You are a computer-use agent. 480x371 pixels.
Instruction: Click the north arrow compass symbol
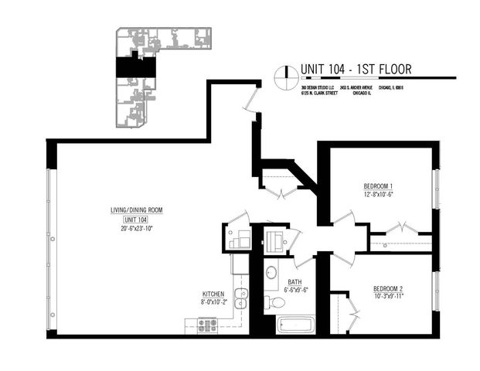pos(285,73)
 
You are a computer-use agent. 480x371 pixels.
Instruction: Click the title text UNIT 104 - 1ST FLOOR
pos(355,70)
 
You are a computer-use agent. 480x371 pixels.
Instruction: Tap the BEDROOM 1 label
pos(379,186)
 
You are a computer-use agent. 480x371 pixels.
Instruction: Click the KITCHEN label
pos(213,294)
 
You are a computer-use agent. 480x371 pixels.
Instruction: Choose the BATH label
pos(294,282)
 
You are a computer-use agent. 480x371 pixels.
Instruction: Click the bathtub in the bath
pos(294,325)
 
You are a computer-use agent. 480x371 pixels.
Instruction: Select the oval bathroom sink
pos(271,273)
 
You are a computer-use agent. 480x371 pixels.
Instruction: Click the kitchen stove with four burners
pos(208,325)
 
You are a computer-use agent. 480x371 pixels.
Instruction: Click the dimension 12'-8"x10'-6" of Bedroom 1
pos(379,194)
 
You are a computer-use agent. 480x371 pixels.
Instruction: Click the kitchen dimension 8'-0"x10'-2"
pos(213,302)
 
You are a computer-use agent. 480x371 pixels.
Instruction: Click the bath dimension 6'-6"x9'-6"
pos(294,290)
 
